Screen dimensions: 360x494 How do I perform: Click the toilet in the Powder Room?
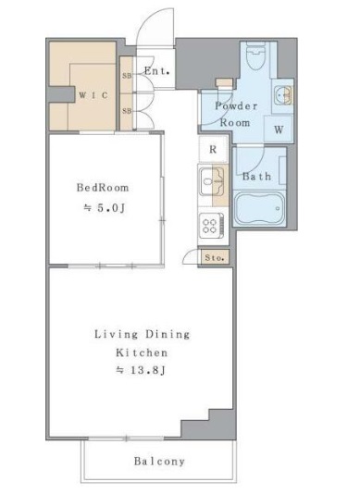coord(255,56)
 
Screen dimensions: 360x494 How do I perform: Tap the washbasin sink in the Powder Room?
coord(283,94)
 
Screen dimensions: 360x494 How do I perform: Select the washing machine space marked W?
coord(279,130)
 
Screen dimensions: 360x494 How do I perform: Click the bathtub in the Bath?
coord(260,207)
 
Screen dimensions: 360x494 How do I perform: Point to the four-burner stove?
coord(212,227)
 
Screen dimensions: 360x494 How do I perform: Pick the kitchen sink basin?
coord(211,181)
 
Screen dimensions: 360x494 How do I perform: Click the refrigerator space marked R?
coord(213,149)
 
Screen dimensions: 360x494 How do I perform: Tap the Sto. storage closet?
coord(215,258)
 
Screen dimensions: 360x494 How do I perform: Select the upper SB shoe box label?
coord(127,76)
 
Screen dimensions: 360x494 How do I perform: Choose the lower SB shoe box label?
coord(127,111)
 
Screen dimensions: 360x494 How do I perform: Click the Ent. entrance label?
coord(157,71)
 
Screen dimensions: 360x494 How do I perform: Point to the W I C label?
coord(93,95)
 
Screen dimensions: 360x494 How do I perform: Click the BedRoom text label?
coord(103,188)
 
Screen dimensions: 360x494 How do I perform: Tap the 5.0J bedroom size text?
coord(105,207)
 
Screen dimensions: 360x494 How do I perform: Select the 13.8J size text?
coord(141,370)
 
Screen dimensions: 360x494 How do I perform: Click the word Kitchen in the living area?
coord(142,352)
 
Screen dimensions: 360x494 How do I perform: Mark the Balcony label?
coord(159,462)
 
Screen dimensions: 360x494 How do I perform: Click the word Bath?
coord(256,177)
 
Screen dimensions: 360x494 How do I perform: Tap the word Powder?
coord(236,106)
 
